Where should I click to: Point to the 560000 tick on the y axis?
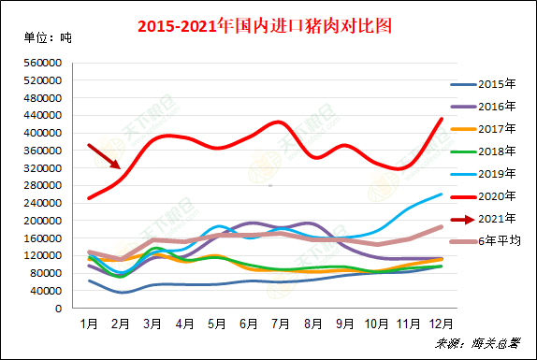pyautogui.click(x=43, y=63)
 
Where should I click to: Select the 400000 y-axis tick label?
pyautogui.click(x=43, y=133)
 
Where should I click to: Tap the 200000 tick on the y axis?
pyautogui.click(x=43, y=221)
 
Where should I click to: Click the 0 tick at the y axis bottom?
pyautogui.click(x=59, y=308)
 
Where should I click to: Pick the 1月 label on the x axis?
pyautogui.click(x=89, y=324)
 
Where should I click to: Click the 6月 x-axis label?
pyautogui.click(x=249, y=324)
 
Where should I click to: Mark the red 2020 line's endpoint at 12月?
pyautogui.click(x=443, y=119)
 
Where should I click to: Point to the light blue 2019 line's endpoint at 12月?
pyautogui.click(x=443, y=194)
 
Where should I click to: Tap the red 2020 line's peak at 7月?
pyautogui.click(x=278, y=122)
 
